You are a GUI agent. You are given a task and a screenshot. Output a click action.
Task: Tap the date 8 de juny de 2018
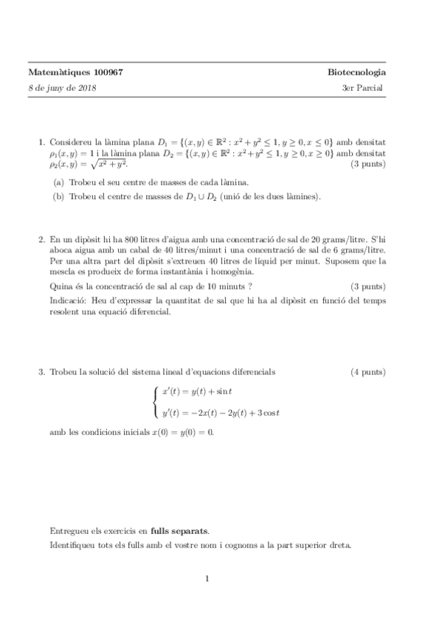pyautogui.click(x=61, y=87)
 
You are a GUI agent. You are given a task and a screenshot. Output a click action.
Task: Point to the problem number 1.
pyautogui.click(x=41, y=141)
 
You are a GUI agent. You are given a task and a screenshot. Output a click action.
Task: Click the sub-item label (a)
pyautogui.click(x=58, y=182)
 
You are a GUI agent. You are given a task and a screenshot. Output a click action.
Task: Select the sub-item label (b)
pyautogui.click(x=58, y=196)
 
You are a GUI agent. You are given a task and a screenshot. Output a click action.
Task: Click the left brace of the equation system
pyautogui.click(x=155, y=402)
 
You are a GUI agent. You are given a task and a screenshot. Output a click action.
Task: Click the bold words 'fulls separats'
pyautogui.click(x=179, y=530)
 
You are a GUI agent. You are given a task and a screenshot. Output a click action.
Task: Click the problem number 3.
pyautogui.click(x=41, y=371)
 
